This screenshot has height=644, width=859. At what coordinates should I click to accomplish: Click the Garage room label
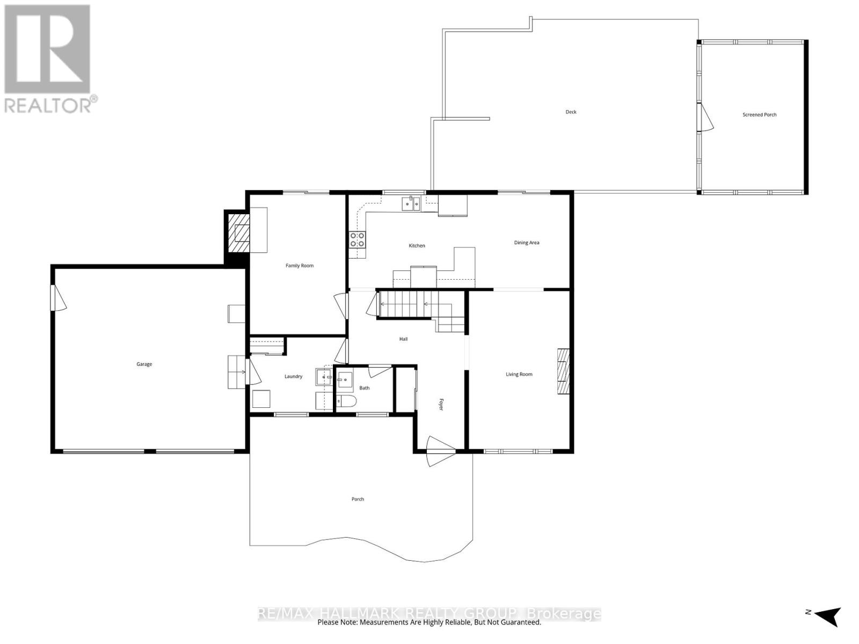tap(144, 364)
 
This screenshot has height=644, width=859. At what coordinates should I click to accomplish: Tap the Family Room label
tap(300, 266)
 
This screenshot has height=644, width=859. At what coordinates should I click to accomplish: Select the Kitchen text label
tap(417, 246)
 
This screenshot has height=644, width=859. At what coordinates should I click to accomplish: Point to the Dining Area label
tap(526, 243)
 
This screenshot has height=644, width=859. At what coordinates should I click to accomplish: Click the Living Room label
tap(519, 374)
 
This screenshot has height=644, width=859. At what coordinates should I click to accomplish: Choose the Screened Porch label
tap(759, 115)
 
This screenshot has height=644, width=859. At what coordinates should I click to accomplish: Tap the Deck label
tap(571, 112)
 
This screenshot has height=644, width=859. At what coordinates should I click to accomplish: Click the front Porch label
tap(358, 499)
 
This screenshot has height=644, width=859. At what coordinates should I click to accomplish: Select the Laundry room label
tap(293, 377)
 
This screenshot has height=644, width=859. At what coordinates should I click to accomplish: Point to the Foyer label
tap(441, 405)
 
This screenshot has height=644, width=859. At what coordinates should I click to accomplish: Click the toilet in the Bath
tap(346, 401)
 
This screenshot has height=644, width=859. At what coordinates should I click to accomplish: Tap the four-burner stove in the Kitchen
tap(358, 239)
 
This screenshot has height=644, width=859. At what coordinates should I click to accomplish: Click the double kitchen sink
tap(411, 203)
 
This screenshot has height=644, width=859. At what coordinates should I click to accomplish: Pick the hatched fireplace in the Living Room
tap(563, 371)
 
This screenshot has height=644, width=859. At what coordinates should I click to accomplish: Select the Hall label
tap(403, 339)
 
